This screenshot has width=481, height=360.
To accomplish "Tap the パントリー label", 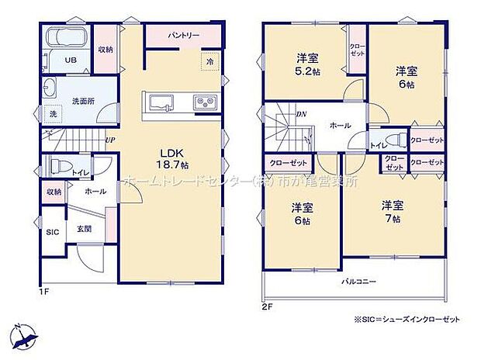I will (184, 35).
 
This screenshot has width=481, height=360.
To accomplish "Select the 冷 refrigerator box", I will (209, 61).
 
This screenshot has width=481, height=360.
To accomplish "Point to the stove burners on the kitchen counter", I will (206, 102).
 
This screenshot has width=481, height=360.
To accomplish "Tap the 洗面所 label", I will (83, 101).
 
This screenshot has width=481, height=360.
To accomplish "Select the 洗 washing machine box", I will (53, 114).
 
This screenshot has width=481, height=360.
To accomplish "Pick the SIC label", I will (52, 231).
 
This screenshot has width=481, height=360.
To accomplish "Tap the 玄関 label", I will (84, 228).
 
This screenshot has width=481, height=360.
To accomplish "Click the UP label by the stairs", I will (110, 140).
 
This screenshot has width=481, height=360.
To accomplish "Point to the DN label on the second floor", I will (301, 115).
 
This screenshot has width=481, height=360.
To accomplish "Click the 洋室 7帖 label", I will (393, 212).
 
